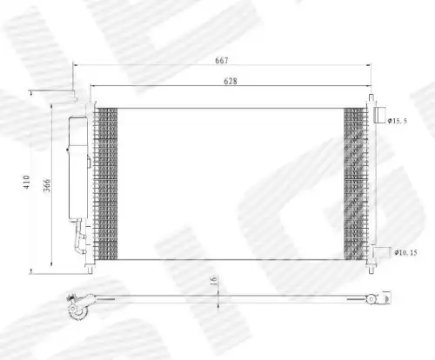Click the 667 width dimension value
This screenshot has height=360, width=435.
222,60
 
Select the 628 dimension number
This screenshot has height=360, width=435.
231,81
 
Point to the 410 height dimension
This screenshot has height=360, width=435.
26,182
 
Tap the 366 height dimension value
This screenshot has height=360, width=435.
47,185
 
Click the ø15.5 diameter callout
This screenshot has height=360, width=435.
398,121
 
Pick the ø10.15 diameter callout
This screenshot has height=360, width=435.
405,253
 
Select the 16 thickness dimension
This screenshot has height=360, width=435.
213,281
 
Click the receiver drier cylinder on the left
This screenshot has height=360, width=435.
78,168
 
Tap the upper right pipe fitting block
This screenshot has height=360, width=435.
379,115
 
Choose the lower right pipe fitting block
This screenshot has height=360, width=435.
382,252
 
